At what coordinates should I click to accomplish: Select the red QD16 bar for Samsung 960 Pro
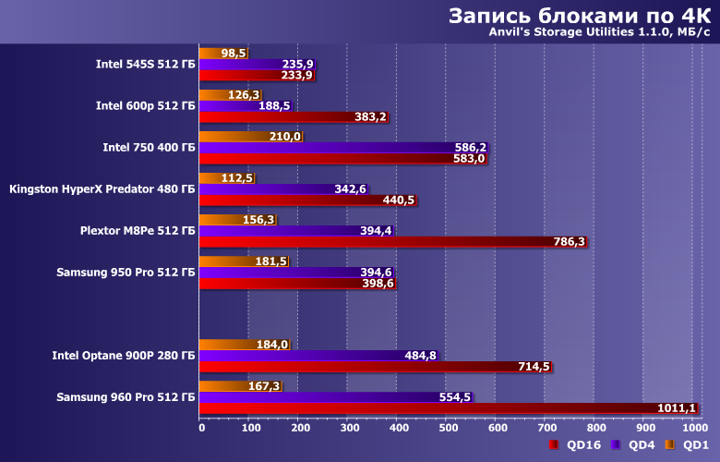pyautogui.click(x=443, y=407)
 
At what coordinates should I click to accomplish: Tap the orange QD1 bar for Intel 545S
pyautogui.click(x=222, y=54)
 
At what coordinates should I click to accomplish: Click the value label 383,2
pyautogui.click(x=369, y=117)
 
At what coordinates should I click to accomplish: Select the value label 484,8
pyautogui.click(x=421, y=356)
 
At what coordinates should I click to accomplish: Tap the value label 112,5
pyautogui.click(x=236, y=178)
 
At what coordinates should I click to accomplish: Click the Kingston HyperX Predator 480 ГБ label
pyautogui.click(x=102, y=189)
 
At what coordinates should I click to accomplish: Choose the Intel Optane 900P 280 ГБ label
pyautogui.click(x=124, y=355)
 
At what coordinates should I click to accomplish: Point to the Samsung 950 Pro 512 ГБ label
pyautogui.click(x=126, y=272)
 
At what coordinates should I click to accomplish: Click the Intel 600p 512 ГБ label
pyautogui.click(x=145, y=105)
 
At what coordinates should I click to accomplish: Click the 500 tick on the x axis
pyautogui.click(x=447, y=427)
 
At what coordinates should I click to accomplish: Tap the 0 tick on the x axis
pyautogui.click(x=200, y=427)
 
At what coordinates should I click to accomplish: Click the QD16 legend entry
pyautogui.click(x=576, y=445)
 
